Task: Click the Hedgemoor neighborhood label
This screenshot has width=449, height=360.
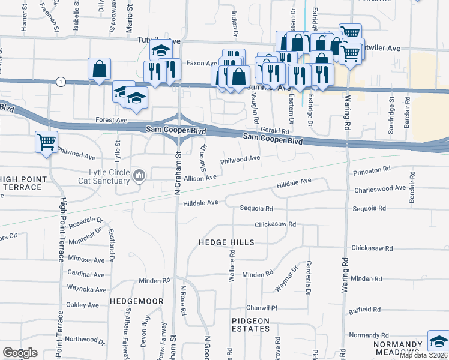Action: (x=133, y=299)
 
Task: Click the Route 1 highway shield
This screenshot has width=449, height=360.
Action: (x=60, y=81)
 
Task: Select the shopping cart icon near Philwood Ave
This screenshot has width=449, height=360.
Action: (x=46, y=143)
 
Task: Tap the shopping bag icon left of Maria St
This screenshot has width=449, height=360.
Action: (x=99, y=69)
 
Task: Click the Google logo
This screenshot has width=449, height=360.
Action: (x=20, y=353)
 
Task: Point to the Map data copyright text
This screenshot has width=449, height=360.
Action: (x=424, y=355)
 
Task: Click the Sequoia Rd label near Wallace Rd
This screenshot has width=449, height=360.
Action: (x=256, y=209)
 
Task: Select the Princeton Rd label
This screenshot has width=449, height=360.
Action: (x=372, y=172)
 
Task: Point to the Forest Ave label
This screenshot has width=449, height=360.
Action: (x=112, y=120)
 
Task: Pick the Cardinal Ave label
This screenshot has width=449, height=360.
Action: (x=87, y=274)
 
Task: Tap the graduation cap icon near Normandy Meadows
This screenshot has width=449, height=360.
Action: (x=438, y=341)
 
